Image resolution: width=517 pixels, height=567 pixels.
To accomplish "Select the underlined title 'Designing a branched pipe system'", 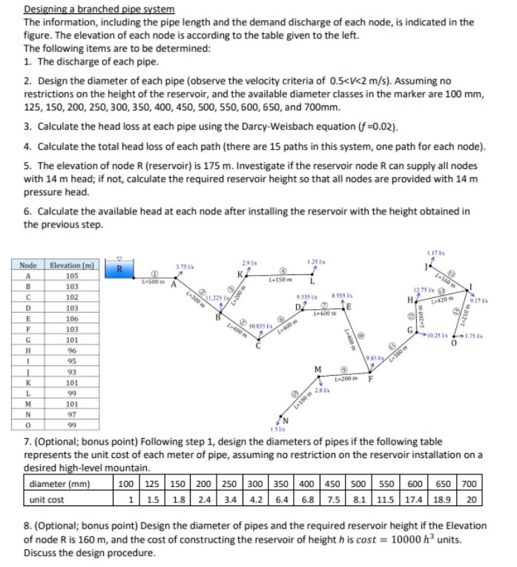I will coord(99,9).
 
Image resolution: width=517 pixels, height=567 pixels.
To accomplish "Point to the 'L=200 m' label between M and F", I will coord(345,379).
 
